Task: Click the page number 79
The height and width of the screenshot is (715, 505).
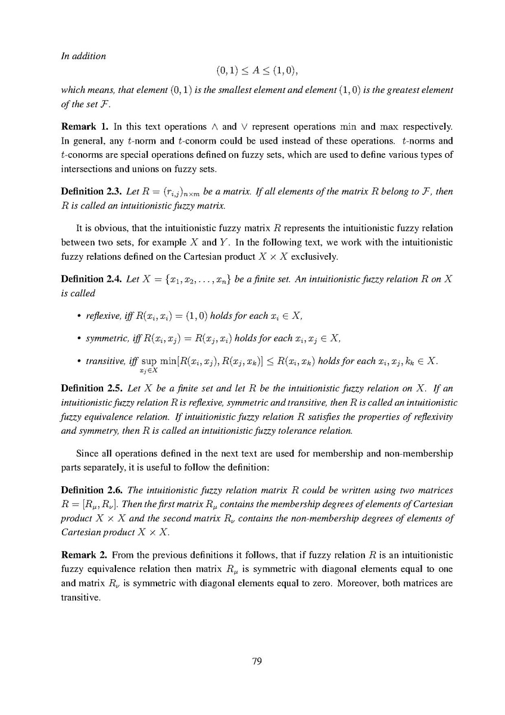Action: click(x=257, y=661)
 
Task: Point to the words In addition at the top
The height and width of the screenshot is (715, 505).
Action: click(x=83, y=56)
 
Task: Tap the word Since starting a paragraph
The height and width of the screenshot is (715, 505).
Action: click(x=88, y=440)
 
